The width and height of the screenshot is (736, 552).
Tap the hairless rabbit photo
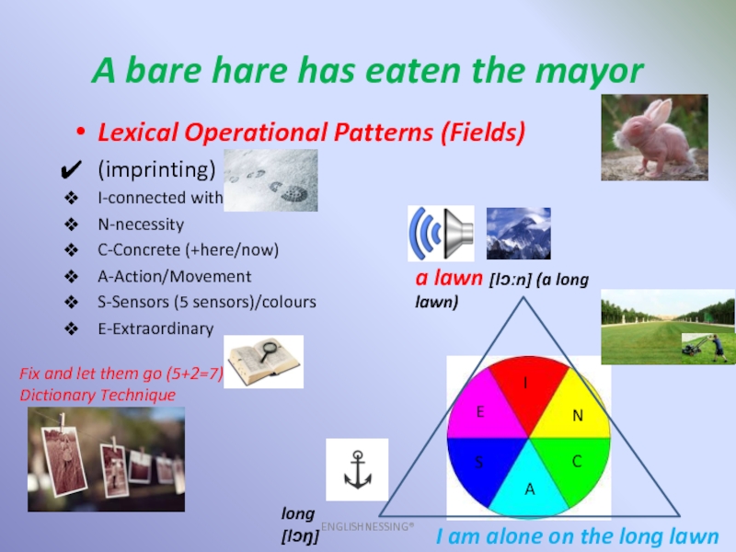(654, 137)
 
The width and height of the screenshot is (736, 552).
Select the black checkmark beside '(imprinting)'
(72, 170)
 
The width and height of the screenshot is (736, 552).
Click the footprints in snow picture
(270, 180)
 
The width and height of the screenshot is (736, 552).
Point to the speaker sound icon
(441, 234)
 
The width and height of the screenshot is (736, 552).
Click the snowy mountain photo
(519, 234)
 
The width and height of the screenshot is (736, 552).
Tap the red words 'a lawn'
(449, 278)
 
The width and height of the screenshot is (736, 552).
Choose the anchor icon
(357, 469)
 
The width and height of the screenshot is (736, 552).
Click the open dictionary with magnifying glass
(264, 362)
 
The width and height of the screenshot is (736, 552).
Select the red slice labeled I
(527, 389)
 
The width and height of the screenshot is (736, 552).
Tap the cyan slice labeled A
(529, 486)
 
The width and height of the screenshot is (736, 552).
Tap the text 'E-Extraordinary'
(155, 328)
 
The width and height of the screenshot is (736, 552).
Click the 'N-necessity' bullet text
(141, 224)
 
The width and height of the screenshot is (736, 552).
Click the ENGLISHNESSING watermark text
(367, 526)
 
